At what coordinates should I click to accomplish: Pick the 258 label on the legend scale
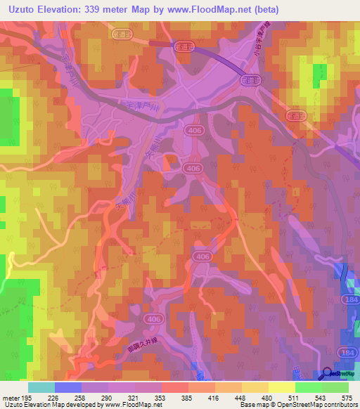[88, 398]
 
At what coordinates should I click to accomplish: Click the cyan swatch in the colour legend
[41, 387]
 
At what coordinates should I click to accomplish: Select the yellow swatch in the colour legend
[281, 387]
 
